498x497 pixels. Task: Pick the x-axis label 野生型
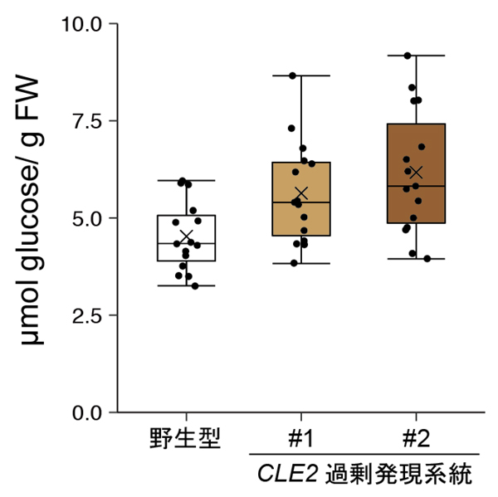[x=186, y=438]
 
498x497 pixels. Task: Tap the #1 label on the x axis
[x=300, y=438]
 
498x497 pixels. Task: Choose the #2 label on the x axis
[x=416, y=438]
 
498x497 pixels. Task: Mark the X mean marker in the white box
[x=186, y=236]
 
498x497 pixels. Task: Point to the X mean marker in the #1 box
[x=301, y=193]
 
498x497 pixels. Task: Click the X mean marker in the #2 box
[x=417, y=173]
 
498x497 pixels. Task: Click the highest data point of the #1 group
[x=292, y=76]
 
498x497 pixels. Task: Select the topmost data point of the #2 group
[x=407, y=56]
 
